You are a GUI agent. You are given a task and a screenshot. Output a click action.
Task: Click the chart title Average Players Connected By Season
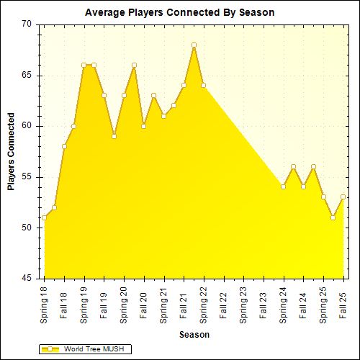click(179, 12)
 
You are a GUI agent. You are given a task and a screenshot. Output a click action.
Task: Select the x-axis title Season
click(194, 334)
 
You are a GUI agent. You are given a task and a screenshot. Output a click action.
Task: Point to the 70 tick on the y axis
click(27, 24)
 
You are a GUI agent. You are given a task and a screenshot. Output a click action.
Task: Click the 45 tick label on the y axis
click(27, 279)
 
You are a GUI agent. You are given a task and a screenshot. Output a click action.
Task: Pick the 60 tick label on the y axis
click(27, 126)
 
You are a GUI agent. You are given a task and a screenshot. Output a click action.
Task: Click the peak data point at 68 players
click(194, 45)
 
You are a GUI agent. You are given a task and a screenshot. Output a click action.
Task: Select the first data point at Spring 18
click(45, 217)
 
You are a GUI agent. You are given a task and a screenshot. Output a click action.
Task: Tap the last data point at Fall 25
click(343, 197)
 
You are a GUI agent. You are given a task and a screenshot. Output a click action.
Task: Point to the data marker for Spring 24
click(283, 186)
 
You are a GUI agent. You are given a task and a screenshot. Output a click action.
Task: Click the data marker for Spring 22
click(204, 86)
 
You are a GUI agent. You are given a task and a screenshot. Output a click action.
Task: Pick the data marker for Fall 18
click(64, 146)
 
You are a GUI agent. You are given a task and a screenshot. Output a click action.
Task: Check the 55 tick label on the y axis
click(27, 177)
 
